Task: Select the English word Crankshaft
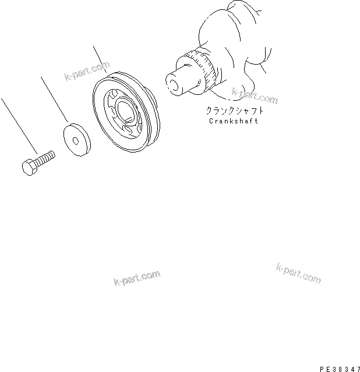[x=233, y=121]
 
